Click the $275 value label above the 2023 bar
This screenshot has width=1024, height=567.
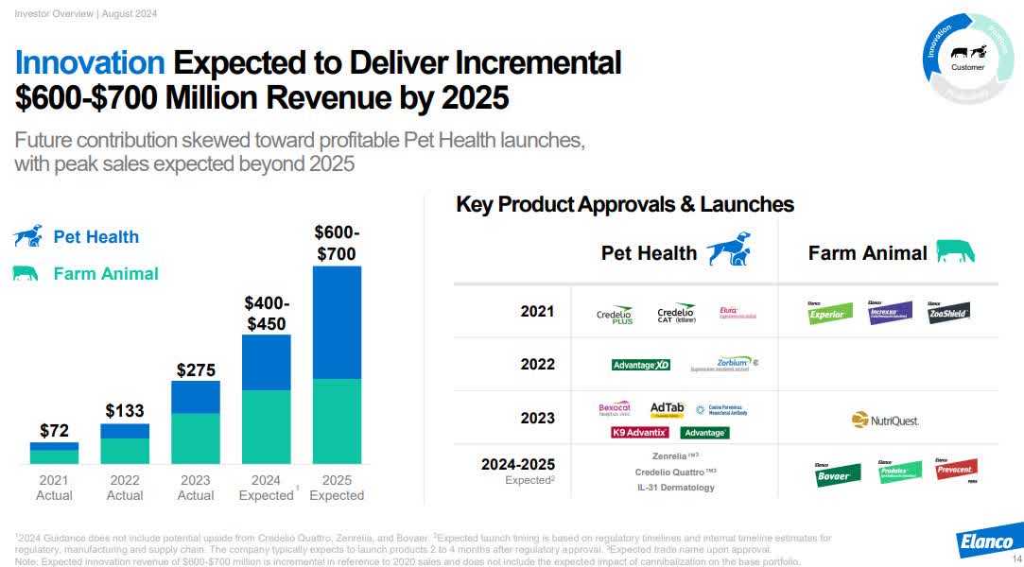196,369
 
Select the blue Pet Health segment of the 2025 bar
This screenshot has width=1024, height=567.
337,322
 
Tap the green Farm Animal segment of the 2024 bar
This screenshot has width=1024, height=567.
266,426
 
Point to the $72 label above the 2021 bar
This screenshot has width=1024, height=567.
54,431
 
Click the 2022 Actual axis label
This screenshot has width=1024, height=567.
125,488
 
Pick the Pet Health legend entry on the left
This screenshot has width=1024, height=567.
95,237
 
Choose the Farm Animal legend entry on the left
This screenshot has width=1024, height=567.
105,274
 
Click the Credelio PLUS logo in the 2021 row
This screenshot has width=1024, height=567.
615,315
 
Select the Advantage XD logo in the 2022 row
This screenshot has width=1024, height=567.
641,365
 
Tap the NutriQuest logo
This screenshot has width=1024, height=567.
885,420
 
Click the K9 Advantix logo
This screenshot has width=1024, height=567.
640,433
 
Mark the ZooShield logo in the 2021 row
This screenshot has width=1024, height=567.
948,311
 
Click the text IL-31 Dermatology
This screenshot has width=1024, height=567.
674,488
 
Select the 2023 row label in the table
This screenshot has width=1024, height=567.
537,418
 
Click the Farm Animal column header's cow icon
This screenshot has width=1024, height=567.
955,251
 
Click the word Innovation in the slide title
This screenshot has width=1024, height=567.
90,63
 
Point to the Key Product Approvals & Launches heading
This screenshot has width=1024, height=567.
624,204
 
